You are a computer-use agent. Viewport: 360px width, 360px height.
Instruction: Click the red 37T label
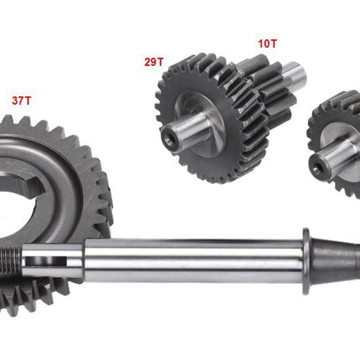click(22, 100)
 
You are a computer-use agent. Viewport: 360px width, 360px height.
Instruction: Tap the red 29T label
click(154, 62)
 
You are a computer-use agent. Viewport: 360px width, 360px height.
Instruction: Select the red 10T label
click(267, 44)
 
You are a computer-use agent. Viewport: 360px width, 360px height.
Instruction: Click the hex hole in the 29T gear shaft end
click(169, 139)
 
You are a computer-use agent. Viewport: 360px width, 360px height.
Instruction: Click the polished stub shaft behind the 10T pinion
click(296, 74)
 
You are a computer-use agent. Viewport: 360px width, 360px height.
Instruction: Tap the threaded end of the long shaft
click(11, 259)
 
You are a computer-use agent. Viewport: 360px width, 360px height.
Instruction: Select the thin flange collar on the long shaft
click(306, 261)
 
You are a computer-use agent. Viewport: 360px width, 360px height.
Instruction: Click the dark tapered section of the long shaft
click(335, 261)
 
